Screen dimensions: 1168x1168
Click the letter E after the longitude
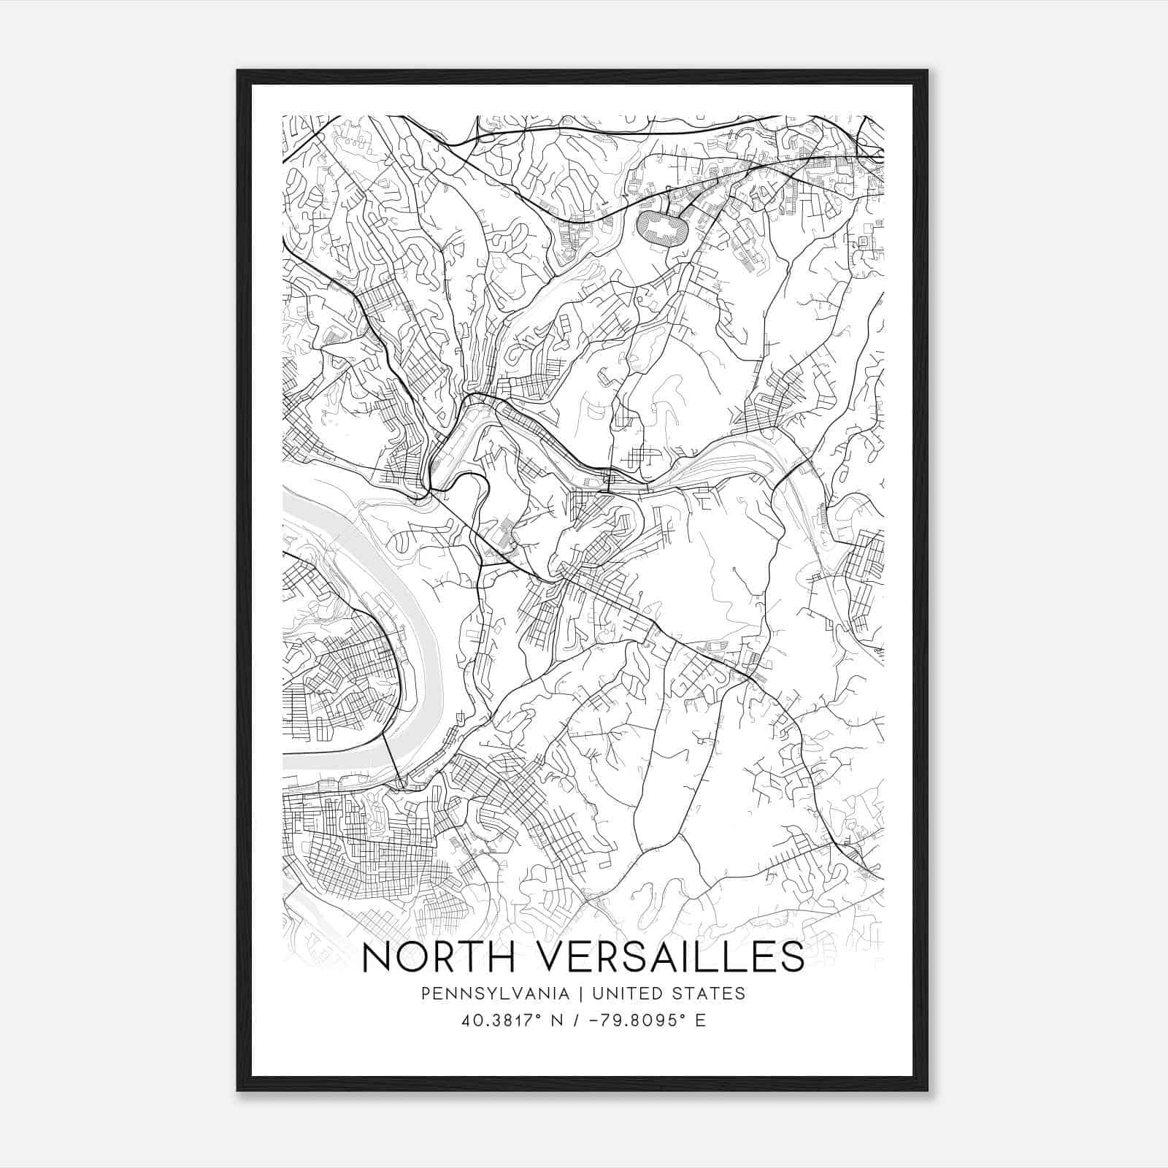(x=701, y=1021)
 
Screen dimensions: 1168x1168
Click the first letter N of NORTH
(x=377, y=957)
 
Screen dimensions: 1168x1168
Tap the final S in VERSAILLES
(x=791, y=957)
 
